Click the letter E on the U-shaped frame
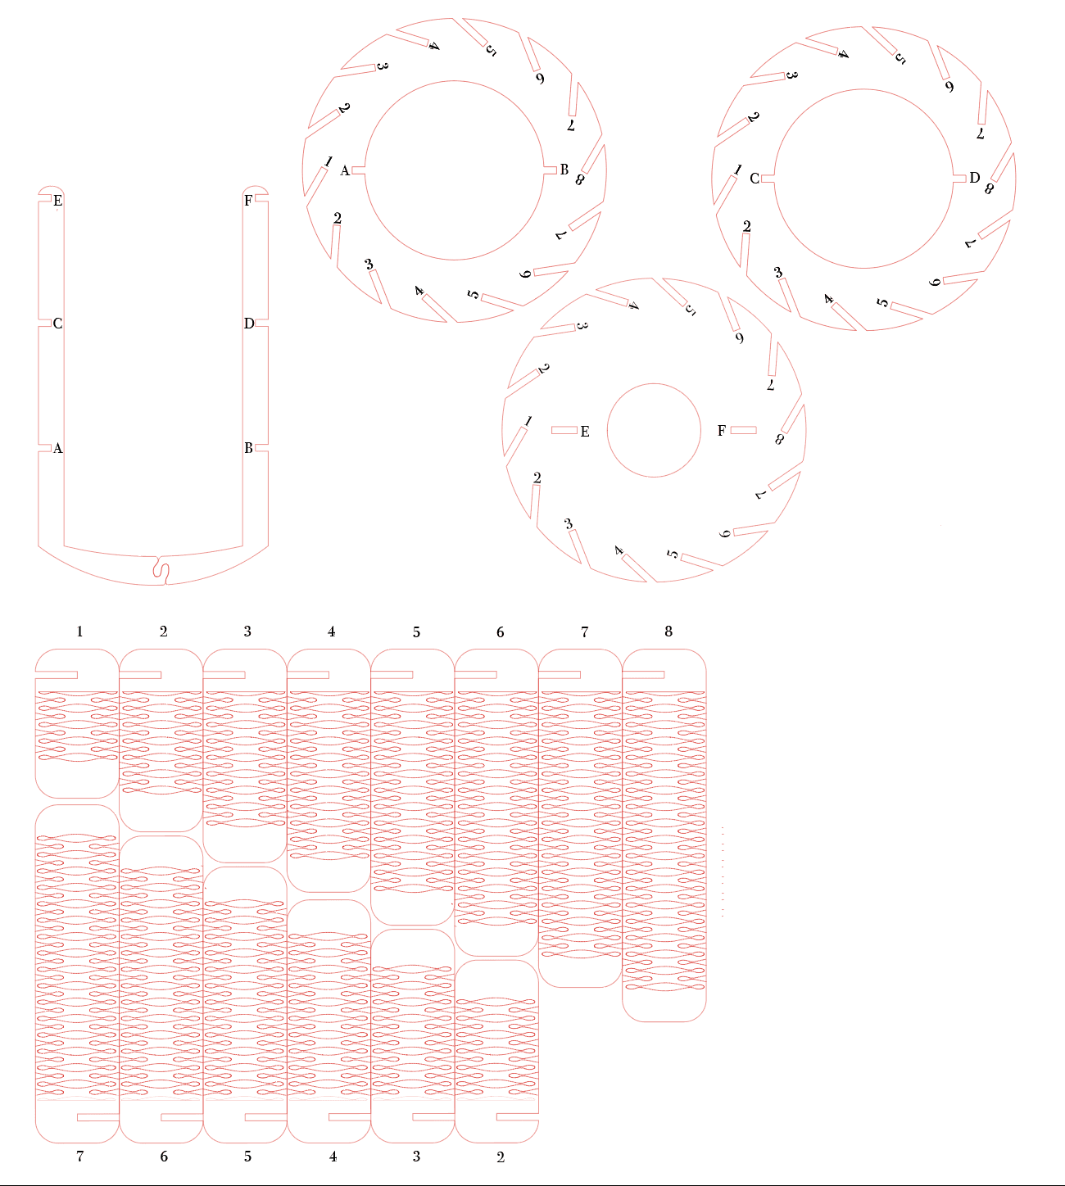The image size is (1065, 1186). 57,201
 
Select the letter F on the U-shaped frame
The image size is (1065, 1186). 248,201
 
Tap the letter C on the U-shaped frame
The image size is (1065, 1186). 57,324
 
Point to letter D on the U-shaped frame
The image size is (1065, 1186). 249,324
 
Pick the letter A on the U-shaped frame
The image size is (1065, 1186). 57,448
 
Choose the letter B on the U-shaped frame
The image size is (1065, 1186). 248,448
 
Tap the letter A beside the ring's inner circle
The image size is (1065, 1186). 345,171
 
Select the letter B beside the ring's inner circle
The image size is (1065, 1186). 564,170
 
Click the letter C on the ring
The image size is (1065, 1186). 755,179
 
